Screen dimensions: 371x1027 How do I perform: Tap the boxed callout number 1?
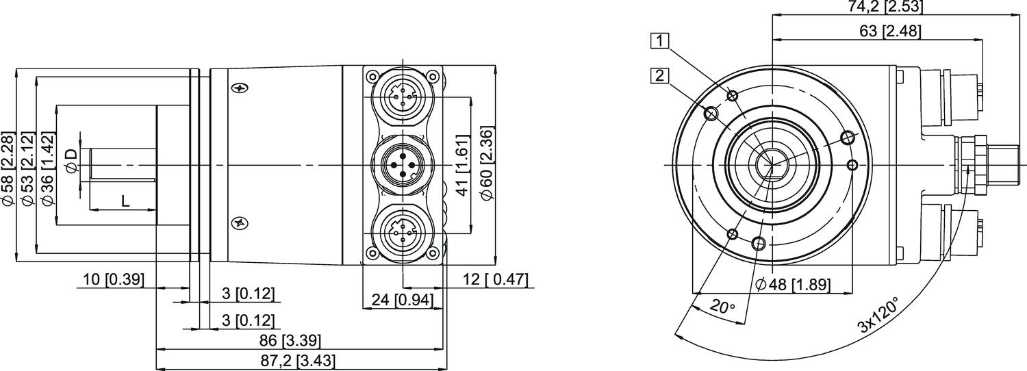[659, 41]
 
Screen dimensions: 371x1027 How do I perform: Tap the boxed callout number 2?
[659, 76]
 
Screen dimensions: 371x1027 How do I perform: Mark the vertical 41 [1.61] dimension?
[464, 166]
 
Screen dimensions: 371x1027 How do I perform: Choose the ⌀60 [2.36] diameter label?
[487, 163]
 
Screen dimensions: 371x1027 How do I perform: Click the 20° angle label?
[722, 307]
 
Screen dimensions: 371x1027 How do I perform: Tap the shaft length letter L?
[124, 201]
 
